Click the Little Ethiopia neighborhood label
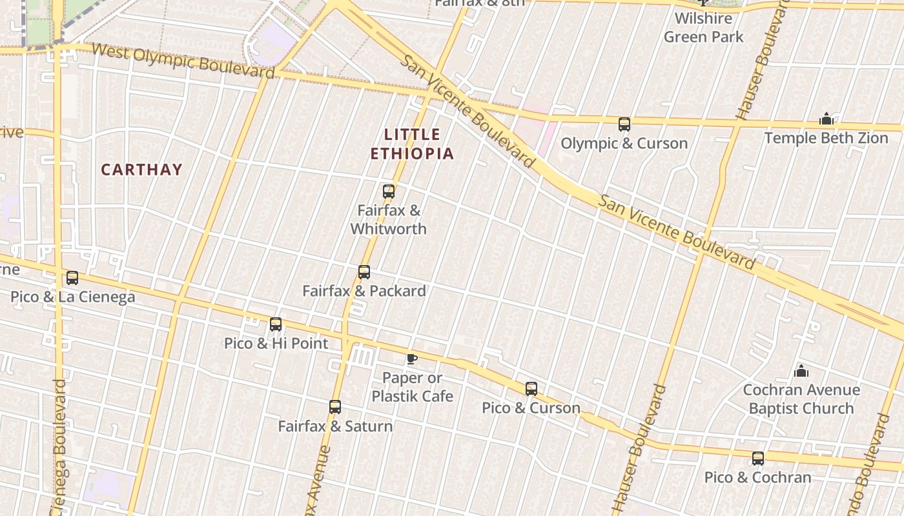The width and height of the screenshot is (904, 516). point(412,144)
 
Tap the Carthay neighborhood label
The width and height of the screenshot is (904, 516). point(141,170)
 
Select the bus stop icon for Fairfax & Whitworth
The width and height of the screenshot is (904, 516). point(388,191)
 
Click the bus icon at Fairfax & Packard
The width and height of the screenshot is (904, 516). point(364,272)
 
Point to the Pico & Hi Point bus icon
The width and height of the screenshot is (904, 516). point(276,324)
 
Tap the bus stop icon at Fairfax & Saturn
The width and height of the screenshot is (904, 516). point(334,407)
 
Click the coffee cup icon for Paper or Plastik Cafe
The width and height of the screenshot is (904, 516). point(411,359)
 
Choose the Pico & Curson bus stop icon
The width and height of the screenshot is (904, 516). point(531,388)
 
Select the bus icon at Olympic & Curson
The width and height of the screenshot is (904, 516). point(624,124)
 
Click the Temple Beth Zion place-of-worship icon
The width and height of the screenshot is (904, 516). point(826,119)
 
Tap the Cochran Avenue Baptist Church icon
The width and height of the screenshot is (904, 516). point(801,371)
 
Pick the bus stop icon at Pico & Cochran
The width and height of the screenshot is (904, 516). point(757,459)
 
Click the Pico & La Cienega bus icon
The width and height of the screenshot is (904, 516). point(72,278)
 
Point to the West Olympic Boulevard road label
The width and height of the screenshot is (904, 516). point(183,60)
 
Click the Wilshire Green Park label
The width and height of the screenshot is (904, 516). point(703,28)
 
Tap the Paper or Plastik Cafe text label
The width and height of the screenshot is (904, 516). point(412,387)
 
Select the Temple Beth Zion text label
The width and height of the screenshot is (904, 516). point(826,138)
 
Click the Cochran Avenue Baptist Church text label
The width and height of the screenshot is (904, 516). point(801,399)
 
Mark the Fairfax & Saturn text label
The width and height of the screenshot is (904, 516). point(334,426)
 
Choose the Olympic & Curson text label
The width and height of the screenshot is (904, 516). point(624,143)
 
